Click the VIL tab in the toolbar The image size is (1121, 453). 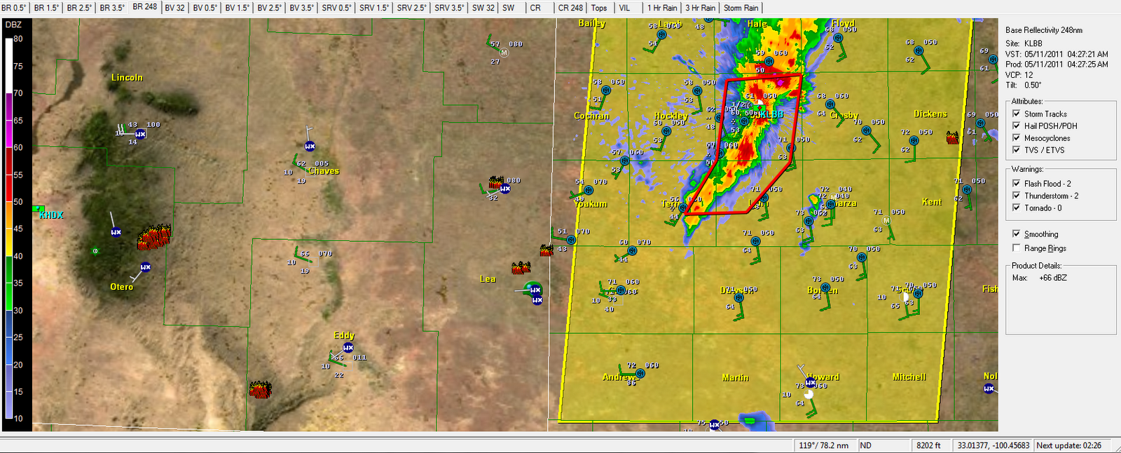(624, 8)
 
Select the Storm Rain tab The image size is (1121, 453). (741, 8)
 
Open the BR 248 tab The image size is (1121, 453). (144, 7)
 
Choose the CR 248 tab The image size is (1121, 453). (570, 8)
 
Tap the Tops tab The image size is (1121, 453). (599, 8)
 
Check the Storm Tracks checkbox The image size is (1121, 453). (1017, 114)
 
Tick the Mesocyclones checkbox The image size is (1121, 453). (1017, 138)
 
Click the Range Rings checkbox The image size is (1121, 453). (1017, 248)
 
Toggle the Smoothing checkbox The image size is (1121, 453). (1017, 234)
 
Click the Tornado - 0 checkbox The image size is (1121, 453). (1017, 208)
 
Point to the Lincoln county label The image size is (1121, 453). (127, 78)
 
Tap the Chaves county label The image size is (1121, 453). (323, 171)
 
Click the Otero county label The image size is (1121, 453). (121, 287)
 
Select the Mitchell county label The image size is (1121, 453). (909, 377)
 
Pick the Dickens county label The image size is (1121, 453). (930, 114)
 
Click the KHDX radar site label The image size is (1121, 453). (51, 215)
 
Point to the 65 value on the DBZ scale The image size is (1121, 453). (18, 121)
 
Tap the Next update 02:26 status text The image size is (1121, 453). (1068, 445)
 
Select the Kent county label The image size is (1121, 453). (931, 202)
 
